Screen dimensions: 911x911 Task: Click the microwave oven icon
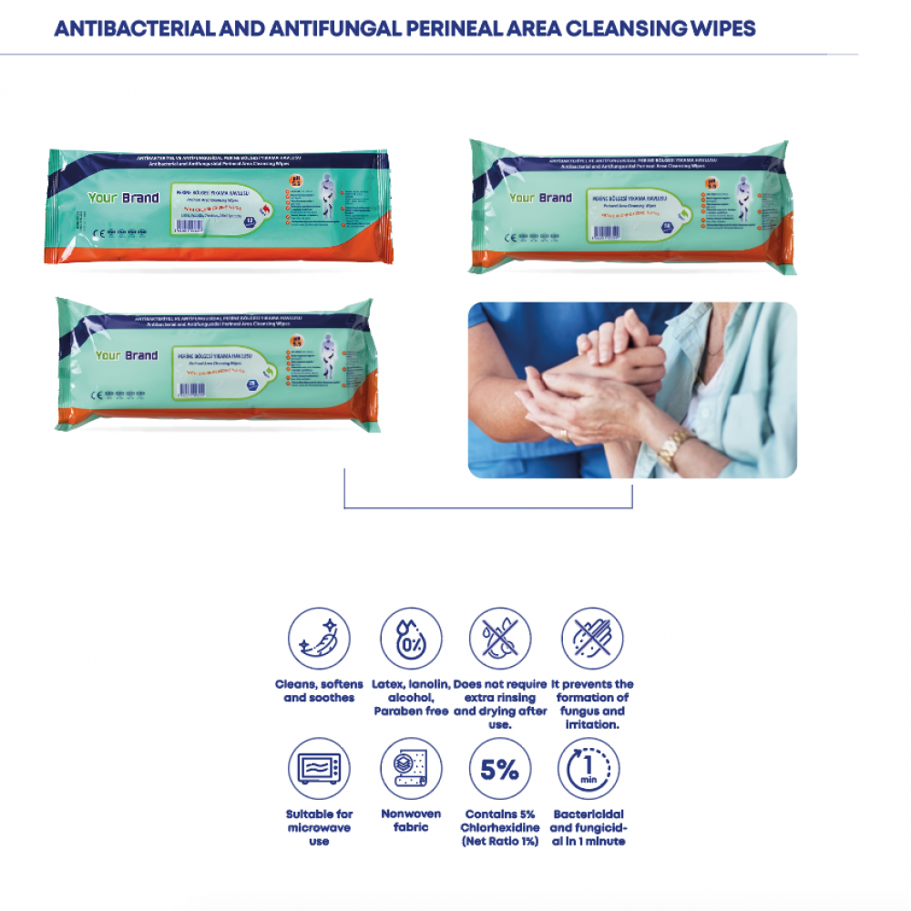pos(319,769)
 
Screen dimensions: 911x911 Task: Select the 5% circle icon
pos(499,769)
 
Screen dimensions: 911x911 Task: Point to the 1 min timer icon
pos(588,769)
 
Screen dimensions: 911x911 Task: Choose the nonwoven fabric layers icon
pos(411,769)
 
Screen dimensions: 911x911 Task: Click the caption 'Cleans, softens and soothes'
pos(319,691)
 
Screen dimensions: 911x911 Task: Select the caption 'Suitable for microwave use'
pos(319,827)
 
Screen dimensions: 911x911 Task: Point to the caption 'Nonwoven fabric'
pos(411,821)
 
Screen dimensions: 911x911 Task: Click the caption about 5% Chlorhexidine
pos(499,827)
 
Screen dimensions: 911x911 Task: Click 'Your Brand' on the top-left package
pos(122,198)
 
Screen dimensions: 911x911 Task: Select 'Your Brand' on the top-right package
pos(540,198)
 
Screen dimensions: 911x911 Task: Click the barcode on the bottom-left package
pos(193,389)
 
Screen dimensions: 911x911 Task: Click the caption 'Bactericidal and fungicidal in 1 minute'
pos(588,827)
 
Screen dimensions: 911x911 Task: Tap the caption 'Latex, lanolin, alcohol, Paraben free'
pos(411,697)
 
